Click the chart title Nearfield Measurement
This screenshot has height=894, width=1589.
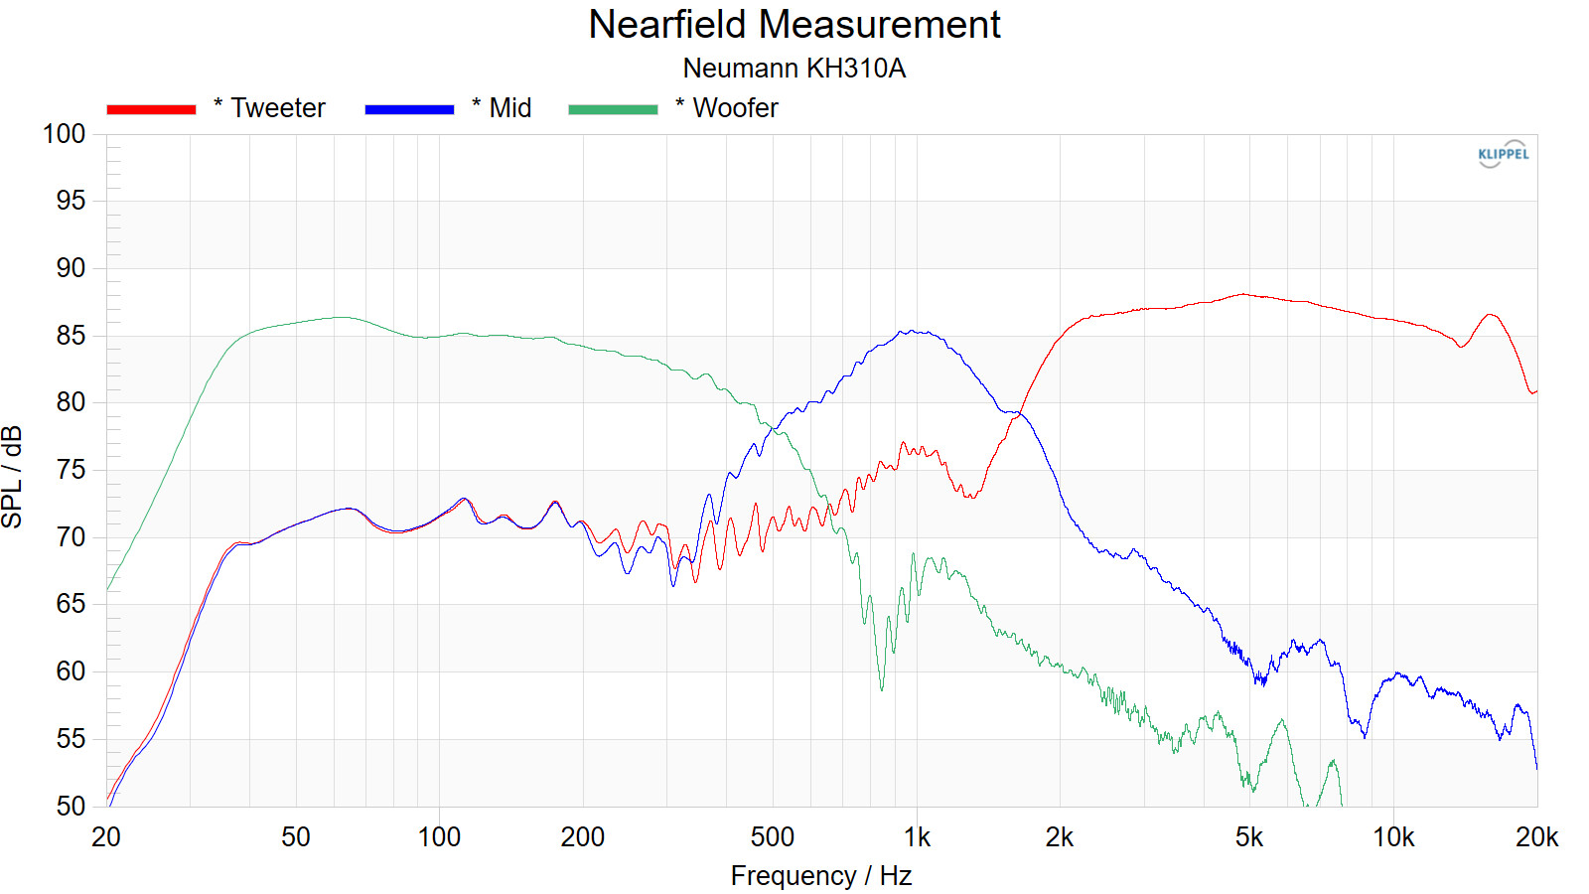(794, 25)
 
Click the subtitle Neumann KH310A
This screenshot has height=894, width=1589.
(794, 69)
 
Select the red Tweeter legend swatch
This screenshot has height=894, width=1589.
(151, 109)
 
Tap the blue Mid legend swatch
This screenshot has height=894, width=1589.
(409, 109)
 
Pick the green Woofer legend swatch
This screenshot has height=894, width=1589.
(613, 109)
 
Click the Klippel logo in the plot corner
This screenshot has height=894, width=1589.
(1503, 154)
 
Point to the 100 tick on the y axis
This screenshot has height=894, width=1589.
(65, 134)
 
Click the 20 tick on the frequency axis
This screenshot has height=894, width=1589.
(106, 837)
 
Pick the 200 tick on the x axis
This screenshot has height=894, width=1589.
(583, 837)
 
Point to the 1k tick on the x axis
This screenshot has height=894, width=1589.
(917, 837)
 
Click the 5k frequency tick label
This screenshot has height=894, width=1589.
(1249, 837)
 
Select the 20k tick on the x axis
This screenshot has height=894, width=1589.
(1536, 837)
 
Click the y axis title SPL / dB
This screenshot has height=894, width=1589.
(13, 477)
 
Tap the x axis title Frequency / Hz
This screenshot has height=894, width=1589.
(821, 876)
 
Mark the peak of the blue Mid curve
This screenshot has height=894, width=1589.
(912, 331)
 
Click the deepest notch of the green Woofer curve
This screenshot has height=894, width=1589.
(882, 688)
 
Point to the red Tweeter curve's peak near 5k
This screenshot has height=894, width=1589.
(1241, 294)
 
